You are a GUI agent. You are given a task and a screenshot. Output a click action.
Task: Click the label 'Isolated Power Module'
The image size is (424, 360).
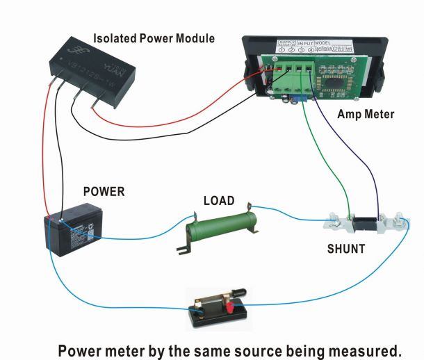coord(154,38)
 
